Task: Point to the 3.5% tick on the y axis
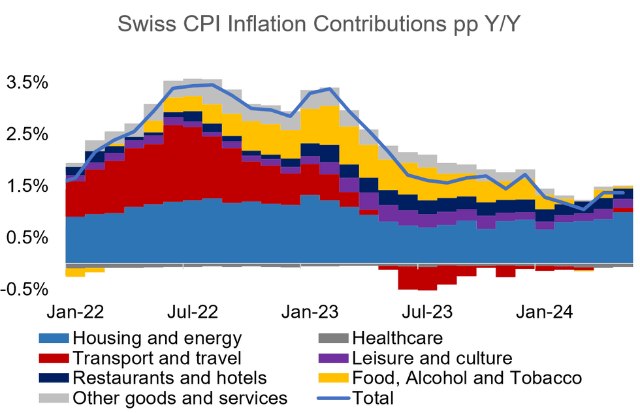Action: (x=27, y=83)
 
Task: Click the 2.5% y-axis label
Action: (x=27, y=134)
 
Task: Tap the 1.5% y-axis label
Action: (x=27, y=186)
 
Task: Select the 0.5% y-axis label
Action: (x=27, y=237)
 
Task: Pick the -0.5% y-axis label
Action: (x=24, y=289)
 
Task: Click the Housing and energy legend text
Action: (x=157, y=339)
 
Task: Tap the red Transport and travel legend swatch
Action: (x=54, y=358)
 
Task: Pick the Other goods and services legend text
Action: (x=180, y=397)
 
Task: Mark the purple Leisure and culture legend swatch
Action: (x=332, y=358)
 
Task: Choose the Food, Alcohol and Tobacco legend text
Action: (x=466, y=378)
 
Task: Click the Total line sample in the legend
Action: (x=332, y=397)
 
